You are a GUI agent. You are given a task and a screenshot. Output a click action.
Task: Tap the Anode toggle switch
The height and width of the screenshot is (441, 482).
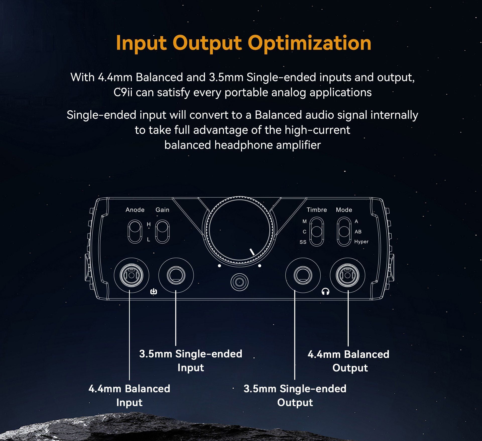(x=135, y=231)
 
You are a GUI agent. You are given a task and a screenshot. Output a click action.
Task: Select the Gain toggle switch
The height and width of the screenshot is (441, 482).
(x=162, y=231)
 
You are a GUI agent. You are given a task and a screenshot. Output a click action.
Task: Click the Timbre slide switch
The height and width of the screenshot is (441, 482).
(x=317, y=232)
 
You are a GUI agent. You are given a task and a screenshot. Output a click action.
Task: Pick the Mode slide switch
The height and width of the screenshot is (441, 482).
(x=344, y=232)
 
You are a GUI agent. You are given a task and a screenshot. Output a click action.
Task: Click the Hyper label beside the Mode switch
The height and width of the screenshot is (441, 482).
(x=361, y=242)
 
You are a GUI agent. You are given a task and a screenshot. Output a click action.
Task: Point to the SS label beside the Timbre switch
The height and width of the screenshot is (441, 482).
(x=303, y=242)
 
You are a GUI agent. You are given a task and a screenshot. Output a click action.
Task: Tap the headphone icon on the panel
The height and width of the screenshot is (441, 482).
(x=326, y=291)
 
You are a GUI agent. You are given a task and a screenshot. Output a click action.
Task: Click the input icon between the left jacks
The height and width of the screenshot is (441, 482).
(x=154, y=291)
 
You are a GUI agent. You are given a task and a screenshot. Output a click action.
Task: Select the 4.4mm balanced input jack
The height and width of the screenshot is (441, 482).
(x=131, y=275)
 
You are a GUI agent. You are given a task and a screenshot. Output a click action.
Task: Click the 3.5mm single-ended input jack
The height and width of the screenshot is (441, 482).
(x=176, y=275)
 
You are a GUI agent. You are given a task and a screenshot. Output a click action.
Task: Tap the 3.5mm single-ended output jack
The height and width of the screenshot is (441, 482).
(x=303, y=275)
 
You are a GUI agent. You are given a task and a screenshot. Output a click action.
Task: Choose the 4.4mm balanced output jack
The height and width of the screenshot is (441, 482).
(x=348, y=275)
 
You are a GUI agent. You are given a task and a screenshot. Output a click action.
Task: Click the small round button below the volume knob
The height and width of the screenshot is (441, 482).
(x=239, y=282)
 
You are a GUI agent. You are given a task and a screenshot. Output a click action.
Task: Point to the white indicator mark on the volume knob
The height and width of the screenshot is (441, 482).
(x=252, y=252)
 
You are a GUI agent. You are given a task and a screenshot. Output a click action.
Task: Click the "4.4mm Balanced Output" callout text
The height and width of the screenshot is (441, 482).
(x=349, y=361)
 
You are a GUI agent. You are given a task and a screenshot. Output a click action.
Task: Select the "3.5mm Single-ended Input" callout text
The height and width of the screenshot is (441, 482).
(x=191, y=360)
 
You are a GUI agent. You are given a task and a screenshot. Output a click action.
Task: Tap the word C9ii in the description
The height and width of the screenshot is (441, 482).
(x=123, y=93)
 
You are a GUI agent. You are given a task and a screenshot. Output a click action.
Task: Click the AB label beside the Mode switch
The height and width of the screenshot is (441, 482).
(x=358, y=232)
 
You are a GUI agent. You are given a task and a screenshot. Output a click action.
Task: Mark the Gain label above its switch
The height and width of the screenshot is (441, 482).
(x=162, y=210)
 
